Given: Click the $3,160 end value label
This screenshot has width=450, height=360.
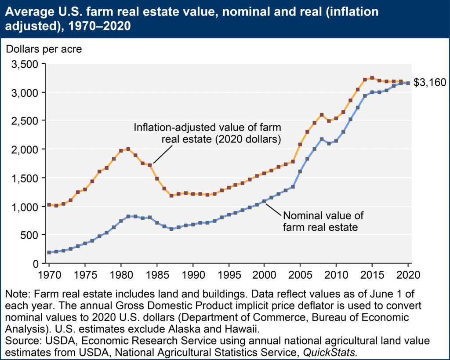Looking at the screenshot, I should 430,82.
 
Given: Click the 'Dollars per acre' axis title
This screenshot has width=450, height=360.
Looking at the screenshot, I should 43,48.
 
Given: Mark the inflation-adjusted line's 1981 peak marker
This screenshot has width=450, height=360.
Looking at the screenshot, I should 128,149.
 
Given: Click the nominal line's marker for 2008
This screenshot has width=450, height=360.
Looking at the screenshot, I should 322,139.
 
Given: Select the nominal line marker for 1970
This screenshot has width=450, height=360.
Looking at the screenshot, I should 49,252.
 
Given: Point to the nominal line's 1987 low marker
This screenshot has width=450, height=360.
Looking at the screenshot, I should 171,229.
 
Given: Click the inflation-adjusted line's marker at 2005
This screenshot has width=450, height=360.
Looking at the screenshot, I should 300,144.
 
